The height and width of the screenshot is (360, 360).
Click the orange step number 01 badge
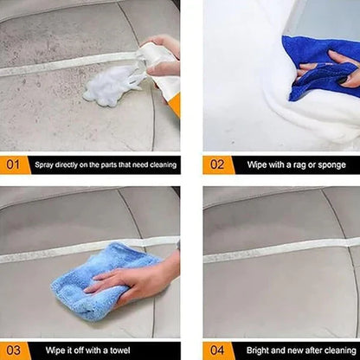tap(14, 164)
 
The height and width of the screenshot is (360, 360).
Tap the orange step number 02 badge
tap(216, 164)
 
